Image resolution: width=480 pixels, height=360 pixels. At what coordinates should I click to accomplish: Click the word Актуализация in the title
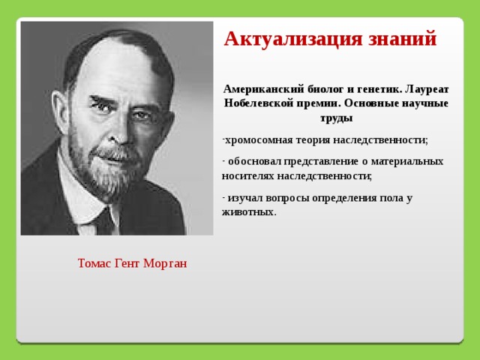293,40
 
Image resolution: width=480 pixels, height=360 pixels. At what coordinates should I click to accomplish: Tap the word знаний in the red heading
402,38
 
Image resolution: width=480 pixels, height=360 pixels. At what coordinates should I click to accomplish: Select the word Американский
264,89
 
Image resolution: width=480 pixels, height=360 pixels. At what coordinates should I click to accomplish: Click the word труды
337,118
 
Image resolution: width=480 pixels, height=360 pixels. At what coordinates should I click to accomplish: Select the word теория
313,140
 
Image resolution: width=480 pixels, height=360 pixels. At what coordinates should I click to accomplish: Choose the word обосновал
254,161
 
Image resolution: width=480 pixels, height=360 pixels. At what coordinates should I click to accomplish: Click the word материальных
407,161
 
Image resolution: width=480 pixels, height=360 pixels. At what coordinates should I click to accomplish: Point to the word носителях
248,176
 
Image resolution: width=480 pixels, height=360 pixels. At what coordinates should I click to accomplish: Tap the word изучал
245,198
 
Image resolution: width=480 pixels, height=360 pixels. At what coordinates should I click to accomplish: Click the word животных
249,212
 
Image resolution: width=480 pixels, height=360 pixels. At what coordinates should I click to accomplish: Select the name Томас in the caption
94,263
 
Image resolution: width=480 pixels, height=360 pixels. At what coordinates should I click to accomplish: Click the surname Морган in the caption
165,263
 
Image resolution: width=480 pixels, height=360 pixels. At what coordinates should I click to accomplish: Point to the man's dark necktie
105,221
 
